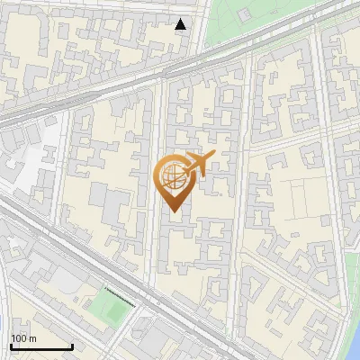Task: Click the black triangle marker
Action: coord(181,24)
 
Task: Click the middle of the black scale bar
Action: coord(41,347)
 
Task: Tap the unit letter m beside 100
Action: coord(33,338)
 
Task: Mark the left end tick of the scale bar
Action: coord(11,346)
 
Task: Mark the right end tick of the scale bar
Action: coord(72,346)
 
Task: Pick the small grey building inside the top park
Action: coord(244,15)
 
